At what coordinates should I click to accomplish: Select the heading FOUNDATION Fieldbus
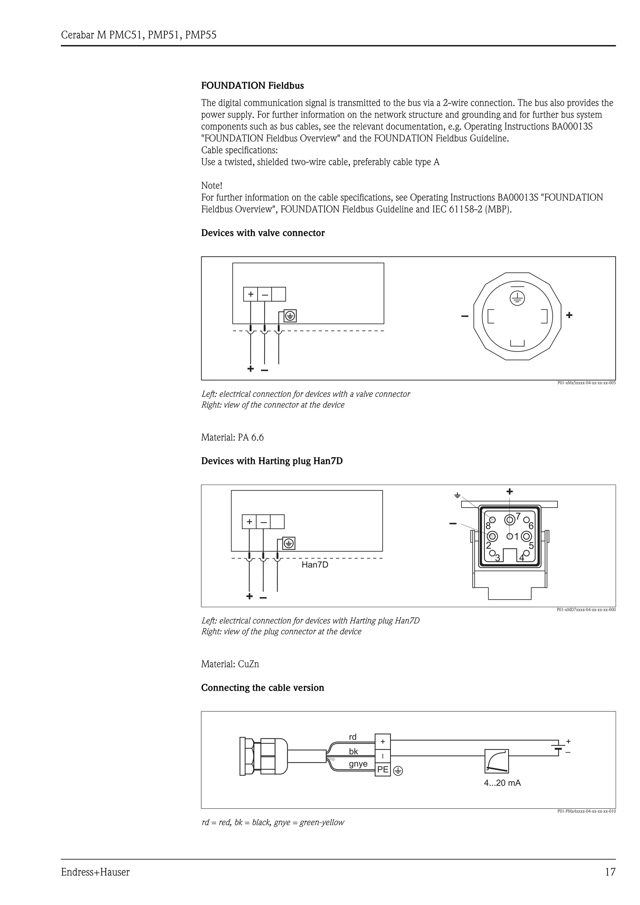(x=252, y=86)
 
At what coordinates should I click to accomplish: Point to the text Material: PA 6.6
(x=232, y=438)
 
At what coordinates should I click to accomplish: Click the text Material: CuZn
(x=230, y=664)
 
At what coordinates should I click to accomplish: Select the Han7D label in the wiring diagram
(x=315, y=565)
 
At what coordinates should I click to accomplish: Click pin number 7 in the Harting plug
(x=518, y=516)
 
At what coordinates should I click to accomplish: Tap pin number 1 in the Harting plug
(x=516, y=537)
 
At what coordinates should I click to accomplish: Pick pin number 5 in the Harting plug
(x=531, y=546)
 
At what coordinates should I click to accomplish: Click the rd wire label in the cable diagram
(x=352, y=737)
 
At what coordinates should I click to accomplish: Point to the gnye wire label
(x=358, y=764)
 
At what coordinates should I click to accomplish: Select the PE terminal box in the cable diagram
(x=382, y=769)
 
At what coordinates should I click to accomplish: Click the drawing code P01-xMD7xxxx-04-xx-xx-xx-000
(x=586, y=610)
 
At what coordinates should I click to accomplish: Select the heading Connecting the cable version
(x=262, y=688)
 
